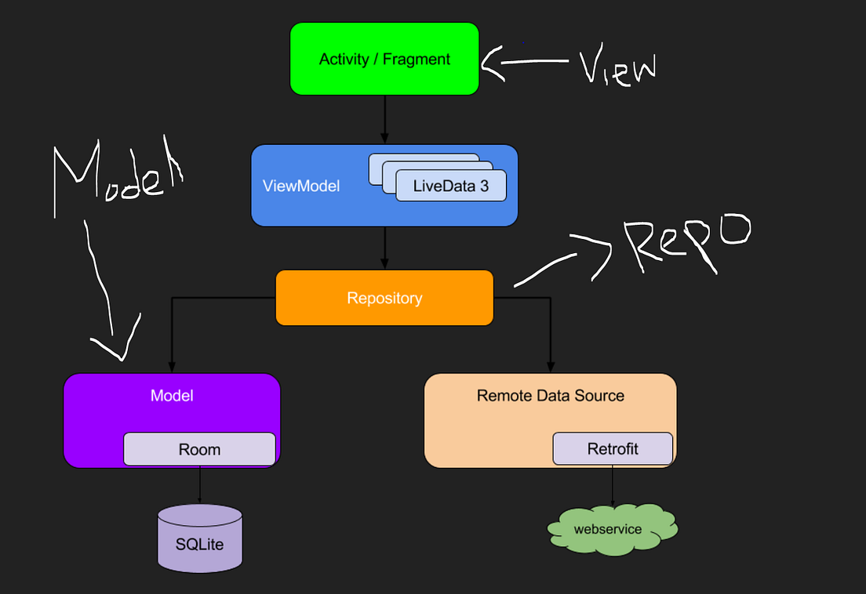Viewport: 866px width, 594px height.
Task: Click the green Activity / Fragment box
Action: pos(384,59)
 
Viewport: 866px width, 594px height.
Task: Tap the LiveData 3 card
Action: pos(450,187)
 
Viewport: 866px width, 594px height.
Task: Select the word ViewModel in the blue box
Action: pos(301,187)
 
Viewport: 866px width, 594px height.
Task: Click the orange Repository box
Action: pos(384,298)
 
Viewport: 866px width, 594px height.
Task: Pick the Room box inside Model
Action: pos(199,449)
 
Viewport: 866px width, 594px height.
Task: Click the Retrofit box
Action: pos(613,448)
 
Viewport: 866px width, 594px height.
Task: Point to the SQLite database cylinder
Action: pos(199,538)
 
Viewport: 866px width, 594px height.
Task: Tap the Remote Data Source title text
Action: pos(550,395)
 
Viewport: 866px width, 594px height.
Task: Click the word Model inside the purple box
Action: pos(172,395)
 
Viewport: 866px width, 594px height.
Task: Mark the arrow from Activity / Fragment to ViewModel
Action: pos(384,119)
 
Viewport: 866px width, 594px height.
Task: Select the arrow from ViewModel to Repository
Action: pos(384,247)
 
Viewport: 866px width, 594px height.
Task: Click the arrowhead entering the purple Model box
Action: pos(172,366)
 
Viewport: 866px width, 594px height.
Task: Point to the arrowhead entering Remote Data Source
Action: pos(550,366)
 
